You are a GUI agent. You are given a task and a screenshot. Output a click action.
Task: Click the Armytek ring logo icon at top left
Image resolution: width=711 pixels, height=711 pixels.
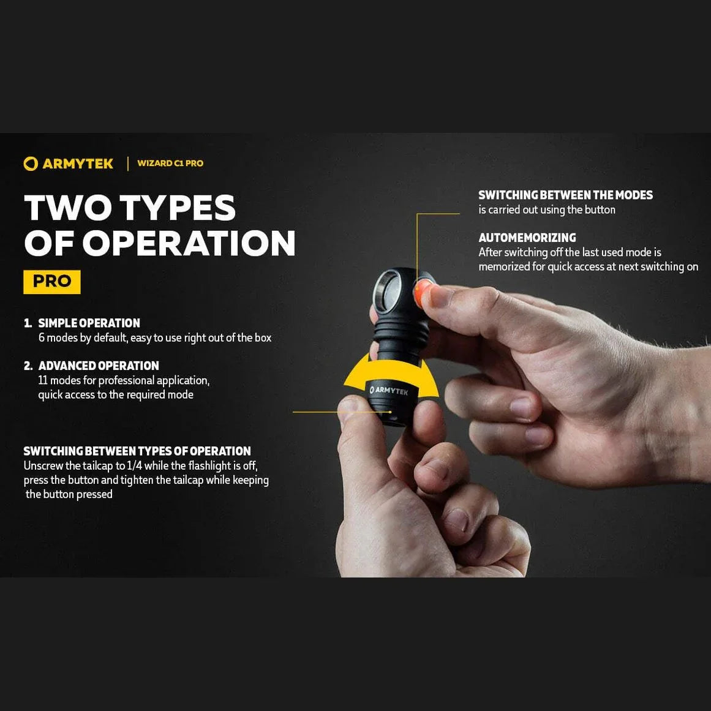(30, 164)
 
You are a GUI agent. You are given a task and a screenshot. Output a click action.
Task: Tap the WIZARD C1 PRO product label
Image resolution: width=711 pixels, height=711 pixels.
(170, 164)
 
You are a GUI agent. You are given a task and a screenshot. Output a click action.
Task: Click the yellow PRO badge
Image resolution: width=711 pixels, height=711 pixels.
(52, 282)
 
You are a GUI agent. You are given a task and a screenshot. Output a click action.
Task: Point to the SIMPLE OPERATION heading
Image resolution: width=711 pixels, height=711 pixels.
(89, 323)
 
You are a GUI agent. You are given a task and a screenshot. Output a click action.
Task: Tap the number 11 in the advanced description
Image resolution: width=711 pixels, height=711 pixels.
(42, 381)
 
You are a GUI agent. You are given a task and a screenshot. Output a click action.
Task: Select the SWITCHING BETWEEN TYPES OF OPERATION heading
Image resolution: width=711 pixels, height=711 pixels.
(137, 451)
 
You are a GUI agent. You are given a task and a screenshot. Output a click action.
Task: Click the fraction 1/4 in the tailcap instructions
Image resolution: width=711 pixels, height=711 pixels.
(134, 466)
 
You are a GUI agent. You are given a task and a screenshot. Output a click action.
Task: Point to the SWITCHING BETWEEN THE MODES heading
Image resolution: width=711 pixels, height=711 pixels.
(565, 195)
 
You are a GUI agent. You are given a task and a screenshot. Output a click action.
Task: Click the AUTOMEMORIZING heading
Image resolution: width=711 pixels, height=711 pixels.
(527, 238)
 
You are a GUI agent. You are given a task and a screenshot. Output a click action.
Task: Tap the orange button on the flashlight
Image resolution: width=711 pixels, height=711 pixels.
(421, 292)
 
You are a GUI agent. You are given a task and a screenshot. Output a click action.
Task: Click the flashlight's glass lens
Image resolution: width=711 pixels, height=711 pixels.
(388, 292)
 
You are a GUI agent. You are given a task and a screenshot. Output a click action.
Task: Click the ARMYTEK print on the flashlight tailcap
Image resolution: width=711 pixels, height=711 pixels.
(390, 390)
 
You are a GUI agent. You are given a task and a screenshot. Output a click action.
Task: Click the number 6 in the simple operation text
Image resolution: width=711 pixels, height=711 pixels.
(42, 338)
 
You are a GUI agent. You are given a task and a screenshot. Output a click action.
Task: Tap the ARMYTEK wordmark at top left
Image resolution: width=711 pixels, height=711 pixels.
(78, 164)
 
